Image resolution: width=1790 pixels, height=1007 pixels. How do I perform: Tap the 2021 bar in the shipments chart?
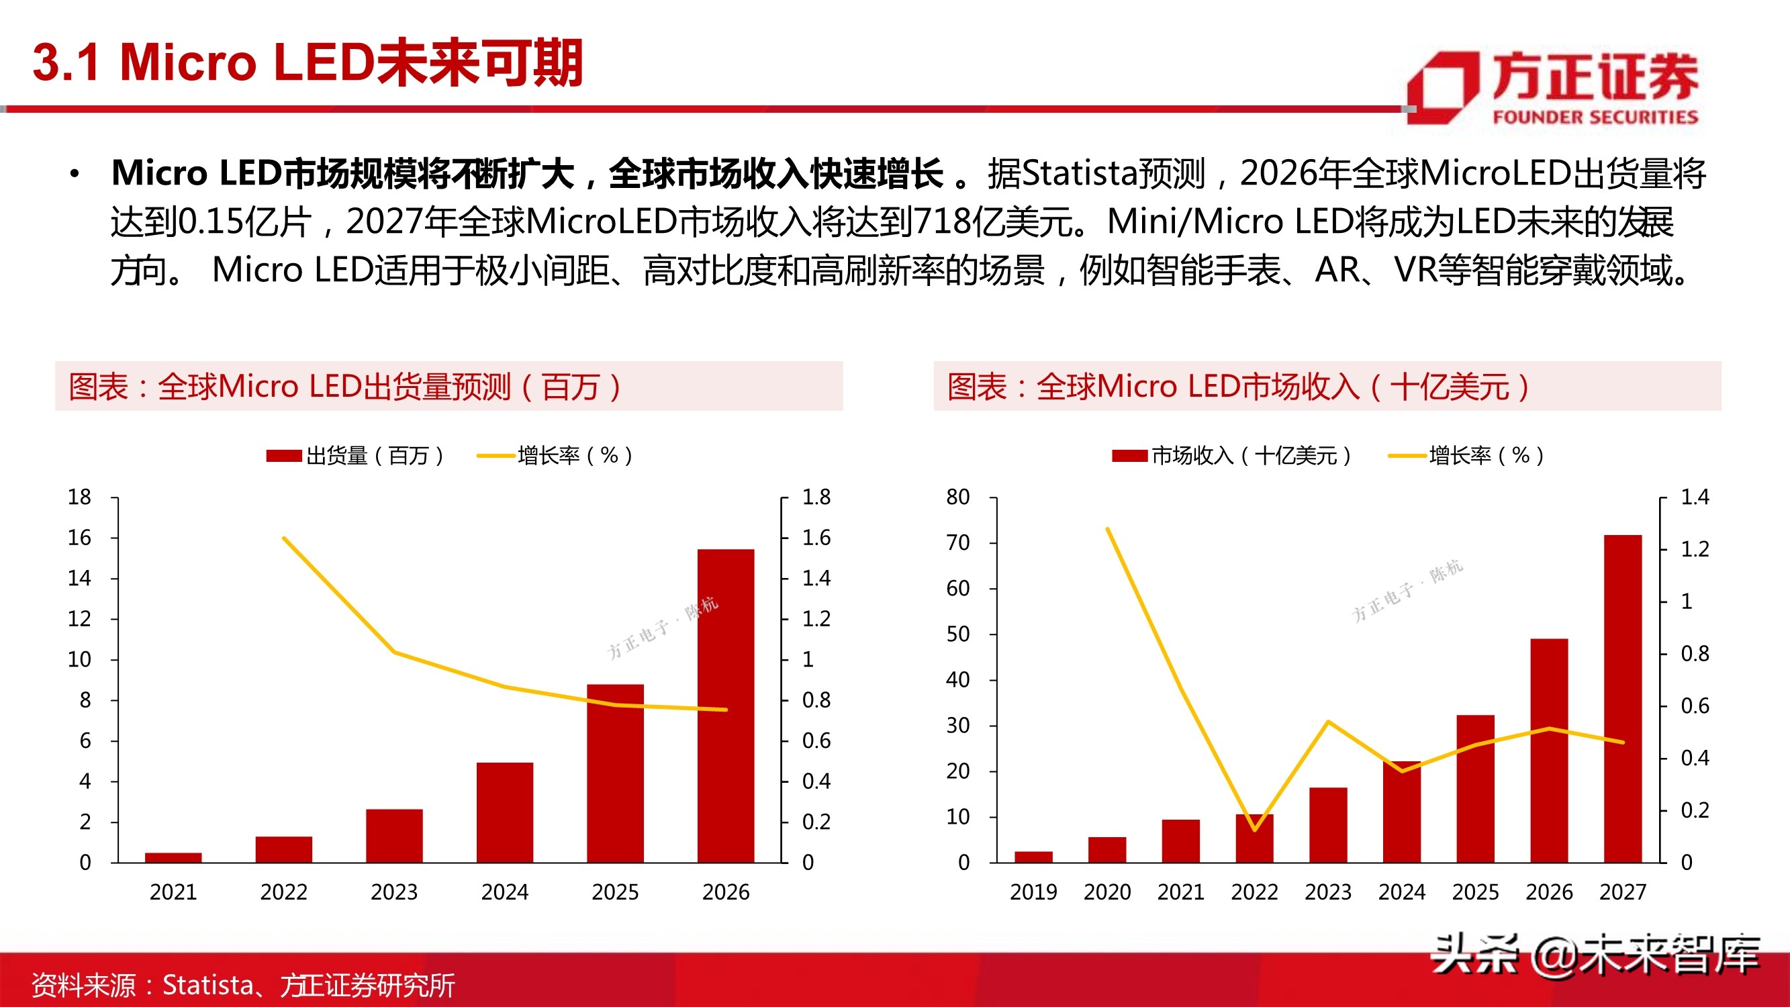[x=173, y=857]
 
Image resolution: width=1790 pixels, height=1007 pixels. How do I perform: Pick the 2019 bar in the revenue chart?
[x=1033, y=857]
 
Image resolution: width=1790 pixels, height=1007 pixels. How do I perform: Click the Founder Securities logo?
[x=1552, y=87]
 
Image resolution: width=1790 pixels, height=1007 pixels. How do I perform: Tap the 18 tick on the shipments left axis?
[x=79, y=497]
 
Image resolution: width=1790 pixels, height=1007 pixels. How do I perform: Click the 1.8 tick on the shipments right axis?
[x=816, y=497]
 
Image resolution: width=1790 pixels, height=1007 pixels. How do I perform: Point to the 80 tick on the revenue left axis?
[x=957, y=497]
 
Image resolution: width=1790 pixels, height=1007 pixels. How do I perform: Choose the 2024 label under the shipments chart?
[x=504, y=892]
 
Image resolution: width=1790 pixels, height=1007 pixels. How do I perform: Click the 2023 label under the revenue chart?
[x=1328, y=892]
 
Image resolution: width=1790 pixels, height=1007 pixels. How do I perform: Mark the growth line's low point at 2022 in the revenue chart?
[x=1254, y=829]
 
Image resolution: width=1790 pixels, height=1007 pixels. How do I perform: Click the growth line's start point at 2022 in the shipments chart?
[x=283, y=538]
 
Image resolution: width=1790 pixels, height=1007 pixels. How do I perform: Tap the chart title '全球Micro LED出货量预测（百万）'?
[x=344, y=387]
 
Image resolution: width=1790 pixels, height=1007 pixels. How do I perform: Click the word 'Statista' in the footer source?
[x=207, y=985]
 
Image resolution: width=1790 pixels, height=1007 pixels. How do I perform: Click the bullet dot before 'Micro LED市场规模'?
[x=75, y=175]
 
